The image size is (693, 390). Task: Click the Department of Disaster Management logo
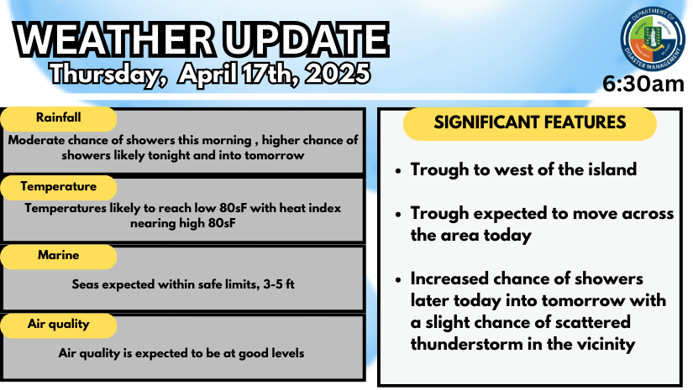coord(653,39)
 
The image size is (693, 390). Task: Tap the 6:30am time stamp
coord(643,84)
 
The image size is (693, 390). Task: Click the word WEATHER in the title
coord(115,39)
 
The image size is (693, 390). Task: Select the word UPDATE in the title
coord(306,39)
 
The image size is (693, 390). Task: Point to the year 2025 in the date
coord(338,73)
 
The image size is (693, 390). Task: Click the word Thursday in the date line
coord(105,74)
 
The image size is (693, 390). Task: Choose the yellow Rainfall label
coord(58,118)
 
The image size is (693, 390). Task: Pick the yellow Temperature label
coord(58,187)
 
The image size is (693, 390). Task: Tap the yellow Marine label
coord(58,256)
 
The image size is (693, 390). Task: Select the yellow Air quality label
coord(58,325)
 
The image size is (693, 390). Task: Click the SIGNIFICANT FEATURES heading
coord(529,123)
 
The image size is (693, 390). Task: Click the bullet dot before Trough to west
coord(398,171)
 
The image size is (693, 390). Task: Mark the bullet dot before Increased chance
coord(398,280)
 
